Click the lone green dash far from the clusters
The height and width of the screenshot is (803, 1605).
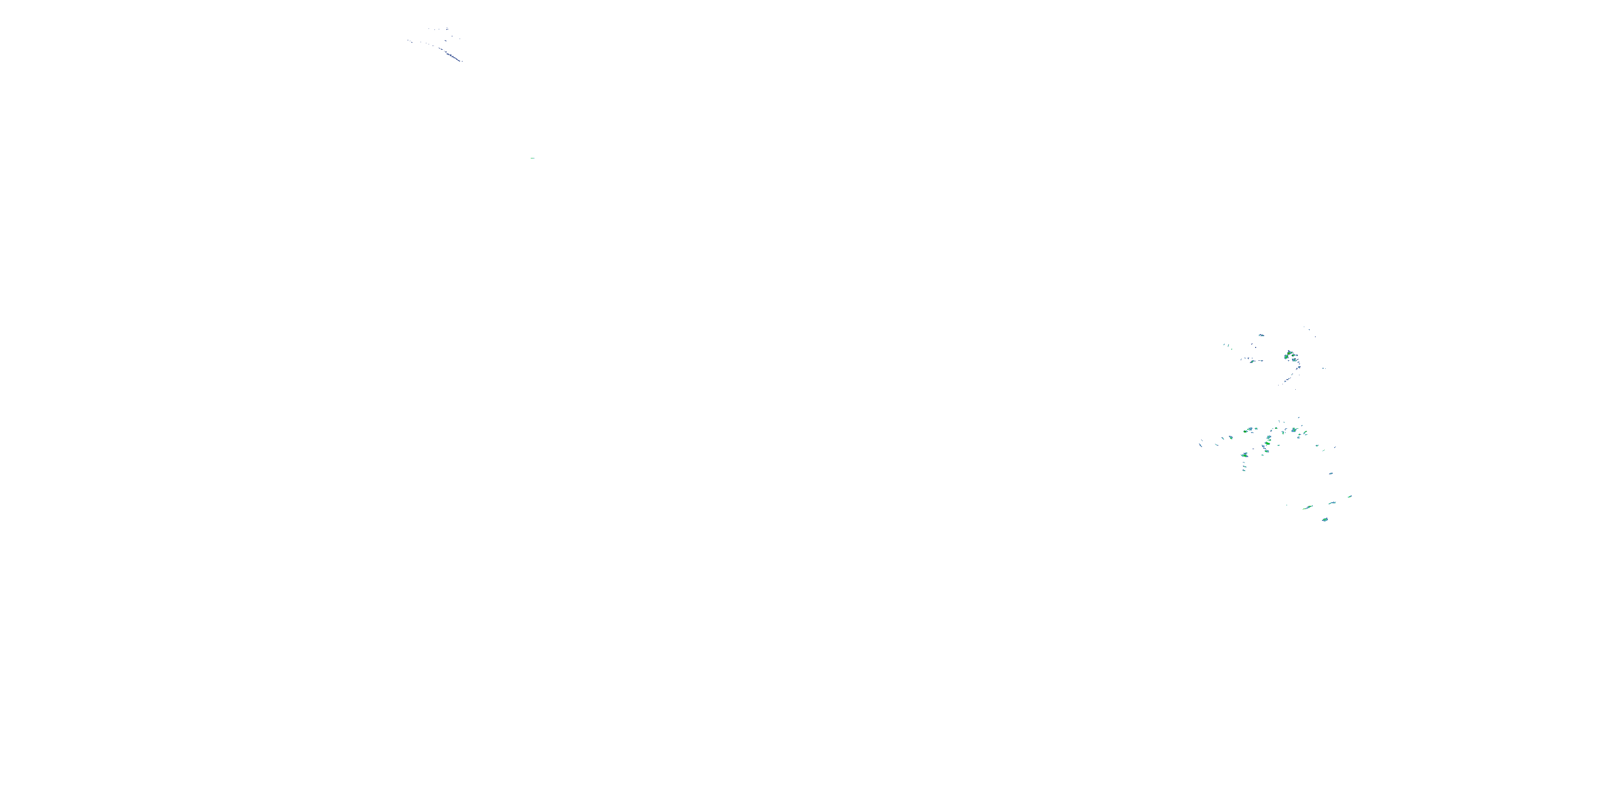point(533,158)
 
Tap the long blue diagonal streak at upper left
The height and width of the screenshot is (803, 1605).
point(452,55)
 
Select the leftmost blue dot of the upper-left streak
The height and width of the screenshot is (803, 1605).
point(408,41)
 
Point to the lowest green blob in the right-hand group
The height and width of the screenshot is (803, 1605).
point(1325,519)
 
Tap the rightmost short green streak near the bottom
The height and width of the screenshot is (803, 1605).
point(1350,497)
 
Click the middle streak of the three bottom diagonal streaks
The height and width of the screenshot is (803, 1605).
point(1332,503)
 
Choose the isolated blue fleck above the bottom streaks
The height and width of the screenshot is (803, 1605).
point(1332,473)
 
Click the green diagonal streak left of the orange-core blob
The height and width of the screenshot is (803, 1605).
point(1252,361)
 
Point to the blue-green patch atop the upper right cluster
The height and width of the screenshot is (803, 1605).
point(1261,336)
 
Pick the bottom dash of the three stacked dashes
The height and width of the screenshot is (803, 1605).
point(1244,470)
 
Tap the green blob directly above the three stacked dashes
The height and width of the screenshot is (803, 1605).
point(1245,455)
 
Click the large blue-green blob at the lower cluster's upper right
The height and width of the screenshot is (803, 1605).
point(1295,430)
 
